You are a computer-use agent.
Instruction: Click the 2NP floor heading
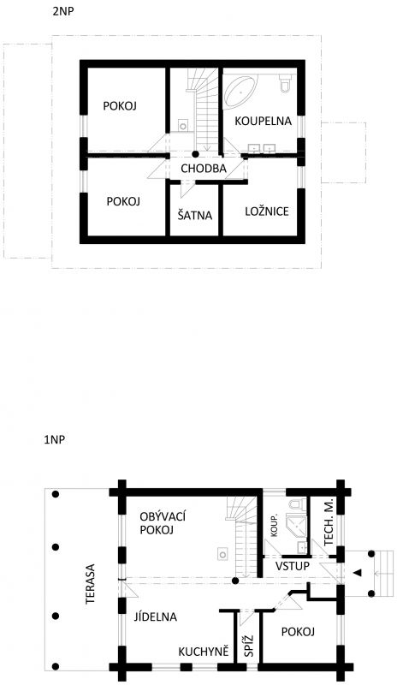tap(63, 12)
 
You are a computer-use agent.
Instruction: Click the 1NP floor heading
tap(54, 440)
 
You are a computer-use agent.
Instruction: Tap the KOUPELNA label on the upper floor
tap(263, 121)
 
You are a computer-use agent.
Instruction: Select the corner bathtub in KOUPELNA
tap(240, 92)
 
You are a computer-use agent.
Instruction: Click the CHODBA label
tap(204, 169)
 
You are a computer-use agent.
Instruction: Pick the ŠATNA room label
tap(195, 215)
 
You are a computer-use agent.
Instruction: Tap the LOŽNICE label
tap(267, 211)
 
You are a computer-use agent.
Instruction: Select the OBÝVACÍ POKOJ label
tap(157, 523)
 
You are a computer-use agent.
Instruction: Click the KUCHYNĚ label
tap(204, 652)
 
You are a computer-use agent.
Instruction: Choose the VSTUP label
tap(292, 567)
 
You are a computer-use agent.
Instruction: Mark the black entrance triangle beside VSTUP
tap(358, 573)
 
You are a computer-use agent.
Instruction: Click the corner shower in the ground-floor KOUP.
tap(297, 527)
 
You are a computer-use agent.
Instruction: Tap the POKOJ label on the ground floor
tap(299, 632)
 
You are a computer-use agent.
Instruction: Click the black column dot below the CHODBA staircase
tap(195, 154)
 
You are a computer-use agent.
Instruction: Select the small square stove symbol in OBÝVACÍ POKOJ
tap(222, 554)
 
